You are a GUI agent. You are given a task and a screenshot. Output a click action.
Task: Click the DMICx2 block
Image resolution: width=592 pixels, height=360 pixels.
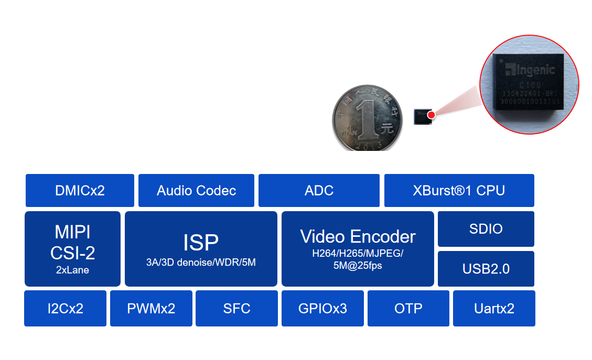(x=80, y=190)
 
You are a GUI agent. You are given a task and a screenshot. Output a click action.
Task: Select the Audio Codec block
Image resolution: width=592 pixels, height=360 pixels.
(x=196, y=190)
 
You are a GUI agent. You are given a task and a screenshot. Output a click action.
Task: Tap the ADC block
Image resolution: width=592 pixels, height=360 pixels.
(x=319, y=190)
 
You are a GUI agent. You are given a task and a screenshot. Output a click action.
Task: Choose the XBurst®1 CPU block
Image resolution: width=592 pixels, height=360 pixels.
(x=459, y=190)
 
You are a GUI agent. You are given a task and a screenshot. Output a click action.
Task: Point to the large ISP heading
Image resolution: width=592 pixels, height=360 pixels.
(x=201, y=243)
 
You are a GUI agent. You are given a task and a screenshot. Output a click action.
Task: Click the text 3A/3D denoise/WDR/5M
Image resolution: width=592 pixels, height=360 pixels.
(x=201, y=263)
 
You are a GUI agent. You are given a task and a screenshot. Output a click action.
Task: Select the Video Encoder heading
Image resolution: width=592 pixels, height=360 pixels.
(x=358, y=236)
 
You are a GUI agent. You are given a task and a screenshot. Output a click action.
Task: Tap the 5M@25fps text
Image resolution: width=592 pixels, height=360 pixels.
(x=358, y=266)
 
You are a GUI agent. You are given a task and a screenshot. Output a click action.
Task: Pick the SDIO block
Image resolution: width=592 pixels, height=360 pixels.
(x=486, y=229)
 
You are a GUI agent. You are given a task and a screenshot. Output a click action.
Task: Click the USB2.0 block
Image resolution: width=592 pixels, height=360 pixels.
(x=486, y=269)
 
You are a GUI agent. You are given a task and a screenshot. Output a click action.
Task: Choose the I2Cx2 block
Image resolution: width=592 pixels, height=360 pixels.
(x=65, y=308)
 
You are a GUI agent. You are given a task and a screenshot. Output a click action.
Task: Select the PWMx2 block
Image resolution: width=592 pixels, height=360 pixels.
(x=151, y=308)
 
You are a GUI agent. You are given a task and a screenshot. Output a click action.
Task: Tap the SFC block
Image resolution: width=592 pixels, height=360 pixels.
(x=236, y=308)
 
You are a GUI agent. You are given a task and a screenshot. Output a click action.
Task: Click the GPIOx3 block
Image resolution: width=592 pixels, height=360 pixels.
(x=322, y=308)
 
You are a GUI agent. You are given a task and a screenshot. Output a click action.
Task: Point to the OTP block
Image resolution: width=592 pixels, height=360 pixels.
(x=408, y=308)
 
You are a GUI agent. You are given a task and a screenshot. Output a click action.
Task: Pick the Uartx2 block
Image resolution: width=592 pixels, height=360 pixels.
(x=494, y=308)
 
